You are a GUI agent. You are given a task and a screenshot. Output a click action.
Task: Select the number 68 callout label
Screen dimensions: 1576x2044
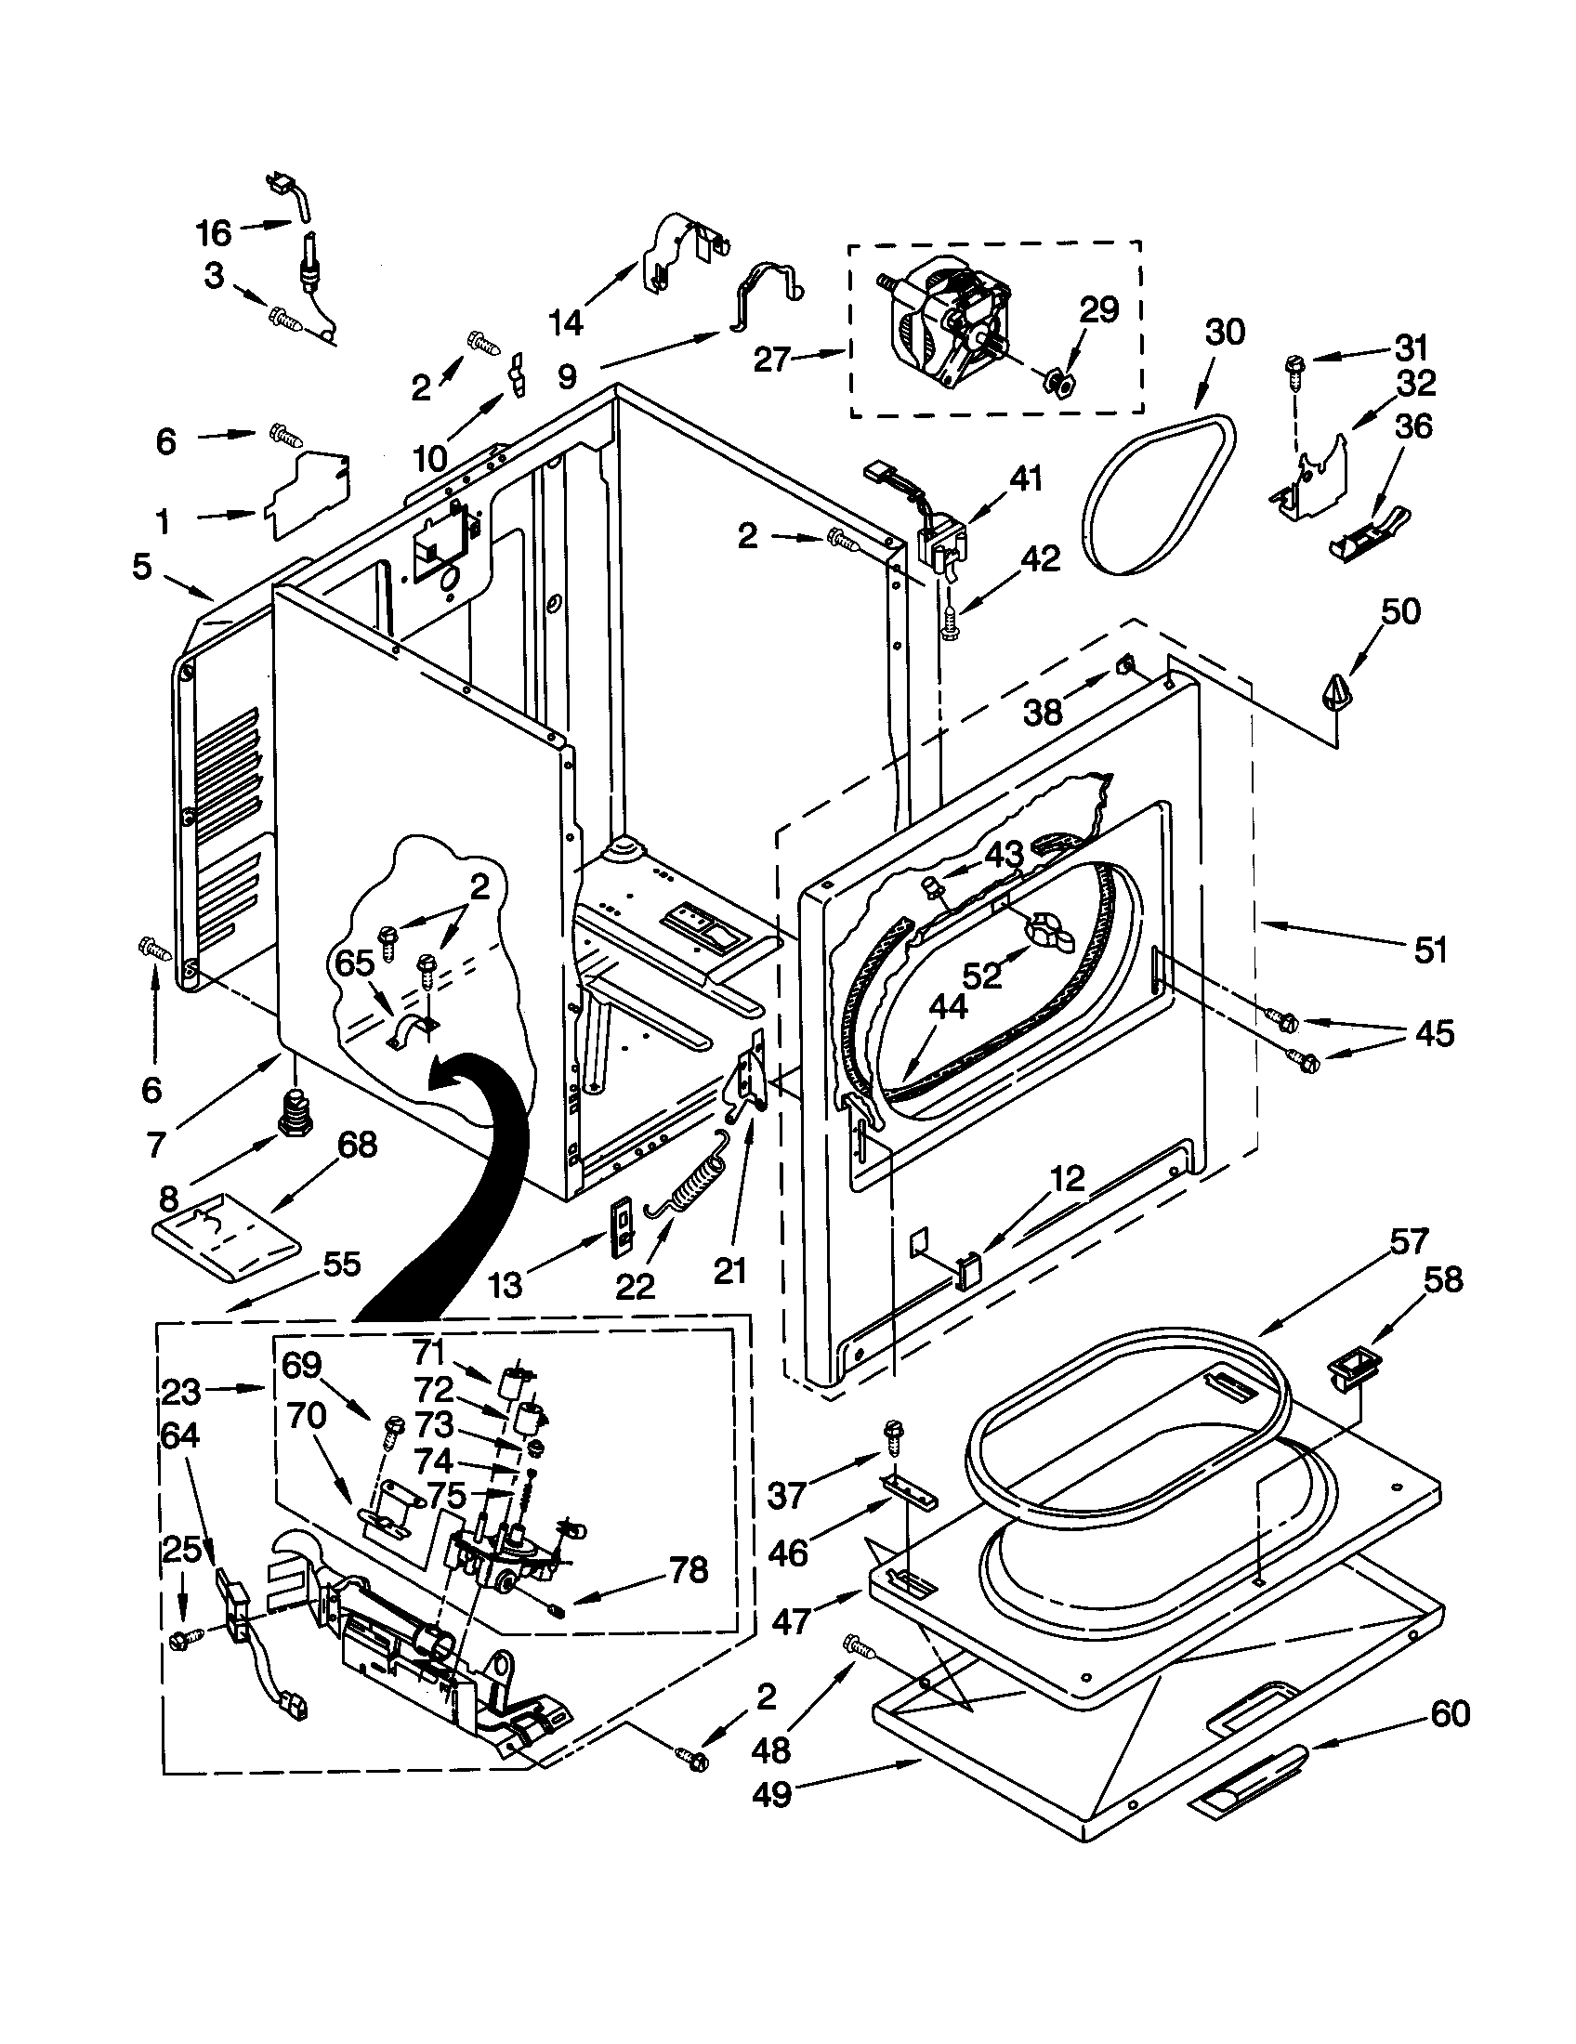(358, 1144)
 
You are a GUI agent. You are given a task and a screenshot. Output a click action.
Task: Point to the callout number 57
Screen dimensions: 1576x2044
(1408, 1242)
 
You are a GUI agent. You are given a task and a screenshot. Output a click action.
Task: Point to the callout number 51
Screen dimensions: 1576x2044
(1430, 949)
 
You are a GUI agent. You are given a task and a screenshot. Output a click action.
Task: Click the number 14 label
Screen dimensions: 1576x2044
(565, 323)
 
